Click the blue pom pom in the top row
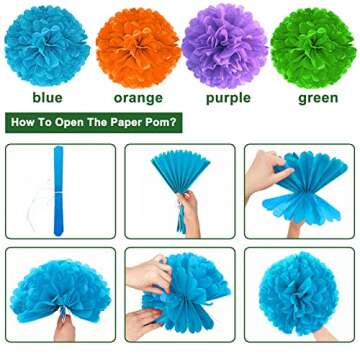pyautogui.click(x=47, y=45)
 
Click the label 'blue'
pyautogui.click(x=46, y=98)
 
